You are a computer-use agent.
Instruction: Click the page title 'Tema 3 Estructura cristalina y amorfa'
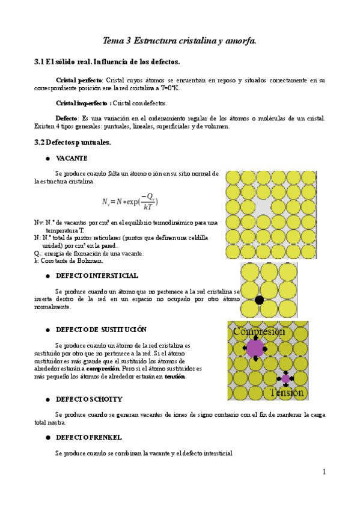tap(180, 41)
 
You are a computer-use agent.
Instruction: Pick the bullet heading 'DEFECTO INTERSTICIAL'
tap(97, 275)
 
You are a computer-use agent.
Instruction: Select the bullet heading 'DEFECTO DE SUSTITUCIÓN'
tap(101, 330)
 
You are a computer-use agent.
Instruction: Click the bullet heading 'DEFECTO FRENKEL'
tap(89, 436)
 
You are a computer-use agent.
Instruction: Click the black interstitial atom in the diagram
tap(259, 300)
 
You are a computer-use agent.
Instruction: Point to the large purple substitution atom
tap(255, 348)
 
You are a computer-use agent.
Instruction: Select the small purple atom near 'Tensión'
tap(285, 378)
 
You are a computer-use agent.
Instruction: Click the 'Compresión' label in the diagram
tap(258, 331)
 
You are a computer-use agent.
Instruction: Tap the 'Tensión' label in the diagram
tap(287, 392)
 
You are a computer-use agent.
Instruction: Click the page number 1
tap(324, 472)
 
